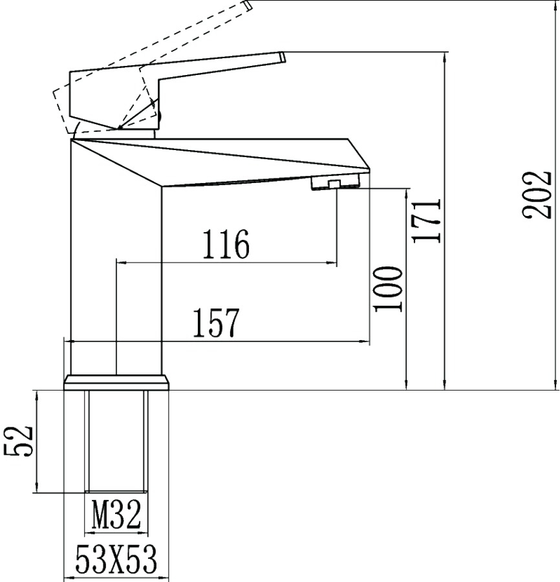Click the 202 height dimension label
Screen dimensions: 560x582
[536, 195]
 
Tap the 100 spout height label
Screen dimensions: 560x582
[388, 289]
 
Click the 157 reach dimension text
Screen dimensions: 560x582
[217, 323]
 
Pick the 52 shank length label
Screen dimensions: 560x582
[18, 441]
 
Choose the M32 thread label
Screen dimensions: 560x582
[116, 514]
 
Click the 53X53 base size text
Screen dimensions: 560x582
[116, 559]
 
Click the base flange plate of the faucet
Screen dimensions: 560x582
[116, 382]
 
